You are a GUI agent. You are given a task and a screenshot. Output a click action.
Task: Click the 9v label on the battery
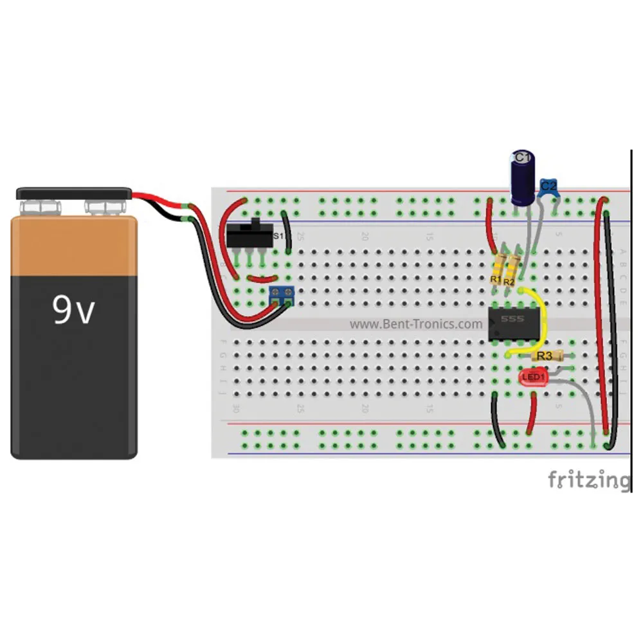(73, 311)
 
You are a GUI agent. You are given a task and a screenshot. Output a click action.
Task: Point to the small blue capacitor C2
(548, 188)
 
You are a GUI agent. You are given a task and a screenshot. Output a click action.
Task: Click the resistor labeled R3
(547, 355)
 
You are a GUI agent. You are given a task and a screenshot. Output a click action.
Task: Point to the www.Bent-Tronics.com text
(415, 324)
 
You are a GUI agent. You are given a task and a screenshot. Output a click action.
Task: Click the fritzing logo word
(588, 480)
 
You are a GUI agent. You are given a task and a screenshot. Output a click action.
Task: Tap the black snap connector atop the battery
(74, 193)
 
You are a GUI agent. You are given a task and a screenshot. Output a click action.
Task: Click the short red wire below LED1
(532, 415)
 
